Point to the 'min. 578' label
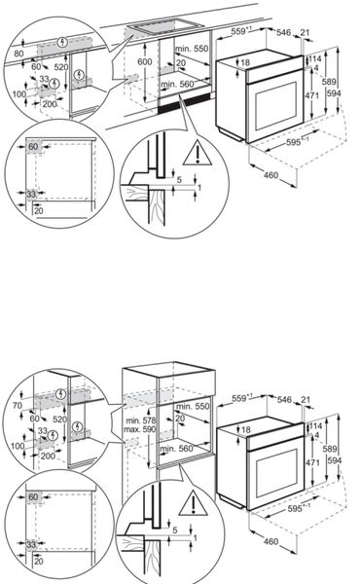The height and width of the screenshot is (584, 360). point(135,417)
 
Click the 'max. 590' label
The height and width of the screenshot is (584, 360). point(135,427)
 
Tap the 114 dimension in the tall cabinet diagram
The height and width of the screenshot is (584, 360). point(316,426)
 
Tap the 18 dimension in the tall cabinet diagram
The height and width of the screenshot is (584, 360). point(245,429)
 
